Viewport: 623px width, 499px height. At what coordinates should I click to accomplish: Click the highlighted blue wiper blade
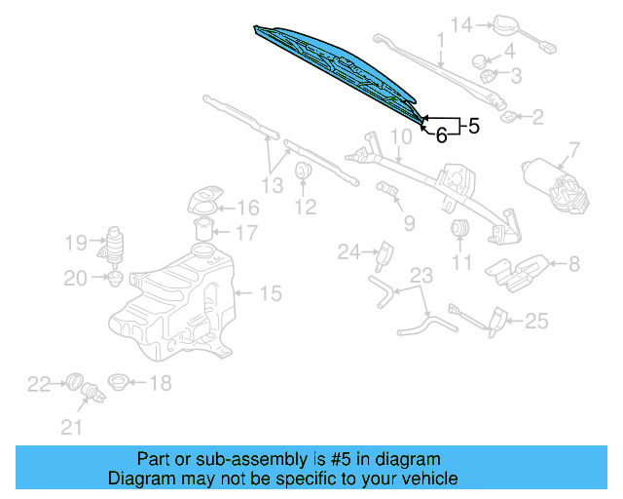(336, 64)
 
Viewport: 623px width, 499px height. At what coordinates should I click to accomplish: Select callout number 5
(473, 126)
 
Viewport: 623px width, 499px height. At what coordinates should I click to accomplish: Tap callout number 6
(441, 136)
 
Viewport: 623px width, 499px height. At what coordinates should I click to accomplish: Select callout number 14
(459, 23)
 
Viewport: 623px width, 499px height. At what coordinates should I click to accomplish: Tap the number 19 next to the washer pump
(76, 242)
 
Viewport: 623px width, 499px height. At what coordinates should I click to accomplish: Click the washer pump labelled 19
(113, 244)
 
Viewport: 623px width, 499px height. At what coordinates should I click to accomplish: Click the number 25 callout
(537, 321)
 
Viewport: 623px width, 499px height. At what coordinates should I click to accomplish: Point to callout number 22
(38, 385)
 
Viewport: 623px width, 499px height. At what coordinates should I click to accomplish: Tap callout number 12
(306, 207)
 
